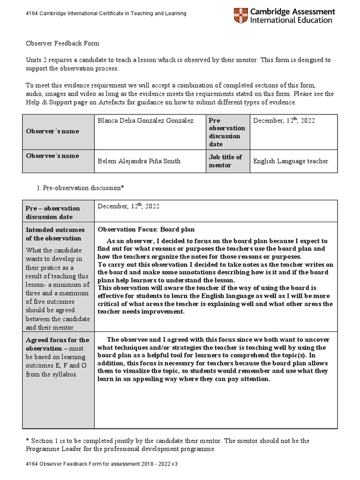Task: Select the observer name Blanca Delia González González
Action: (145, 121)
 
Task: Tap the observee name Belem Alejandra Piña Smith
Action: (138, 161)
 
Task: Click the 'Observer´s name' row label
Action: (52, 131)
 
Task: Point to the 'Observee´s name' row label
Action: (52, 156)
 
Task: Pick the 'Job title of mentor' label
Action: (225, 161)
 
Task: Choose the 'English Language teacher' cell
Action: (291, 161)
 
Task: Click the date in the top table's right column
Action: (284, 121)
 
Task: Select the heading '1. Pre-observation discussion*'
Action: (83, 187)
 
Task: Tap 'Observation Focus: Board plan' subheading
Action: (146, 230)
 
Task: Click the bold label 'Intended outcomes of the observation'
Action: (55, 234)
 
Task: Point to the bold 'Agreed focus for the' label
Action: (57, 340)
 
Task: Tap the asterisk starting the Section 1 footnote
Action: (27, 441)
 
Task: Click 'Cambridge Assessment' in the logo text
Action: (293, 12)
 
